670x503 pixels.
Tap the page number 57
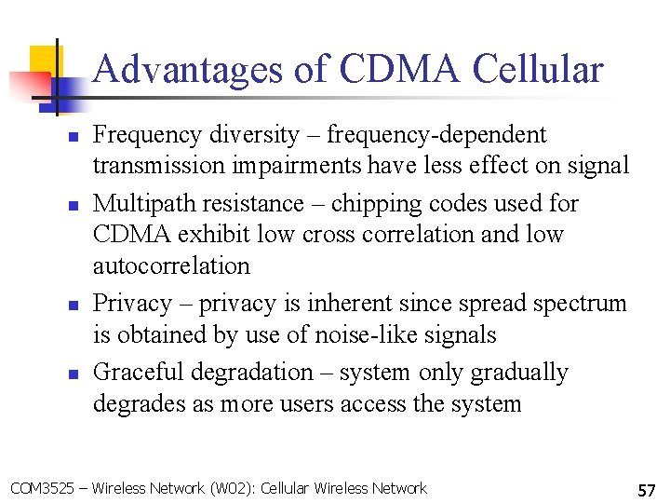[x=647, y=489]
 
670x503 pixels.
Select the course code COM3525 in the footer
[x=39, y=488]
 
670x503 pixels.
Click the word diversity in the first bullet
[x=253, y=135]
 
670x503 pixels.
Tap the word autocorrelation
[x=171, y=265]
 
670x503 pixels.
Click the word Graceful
[x=140, y=373]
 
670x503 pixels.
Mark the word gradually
[x=518, y=373]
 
